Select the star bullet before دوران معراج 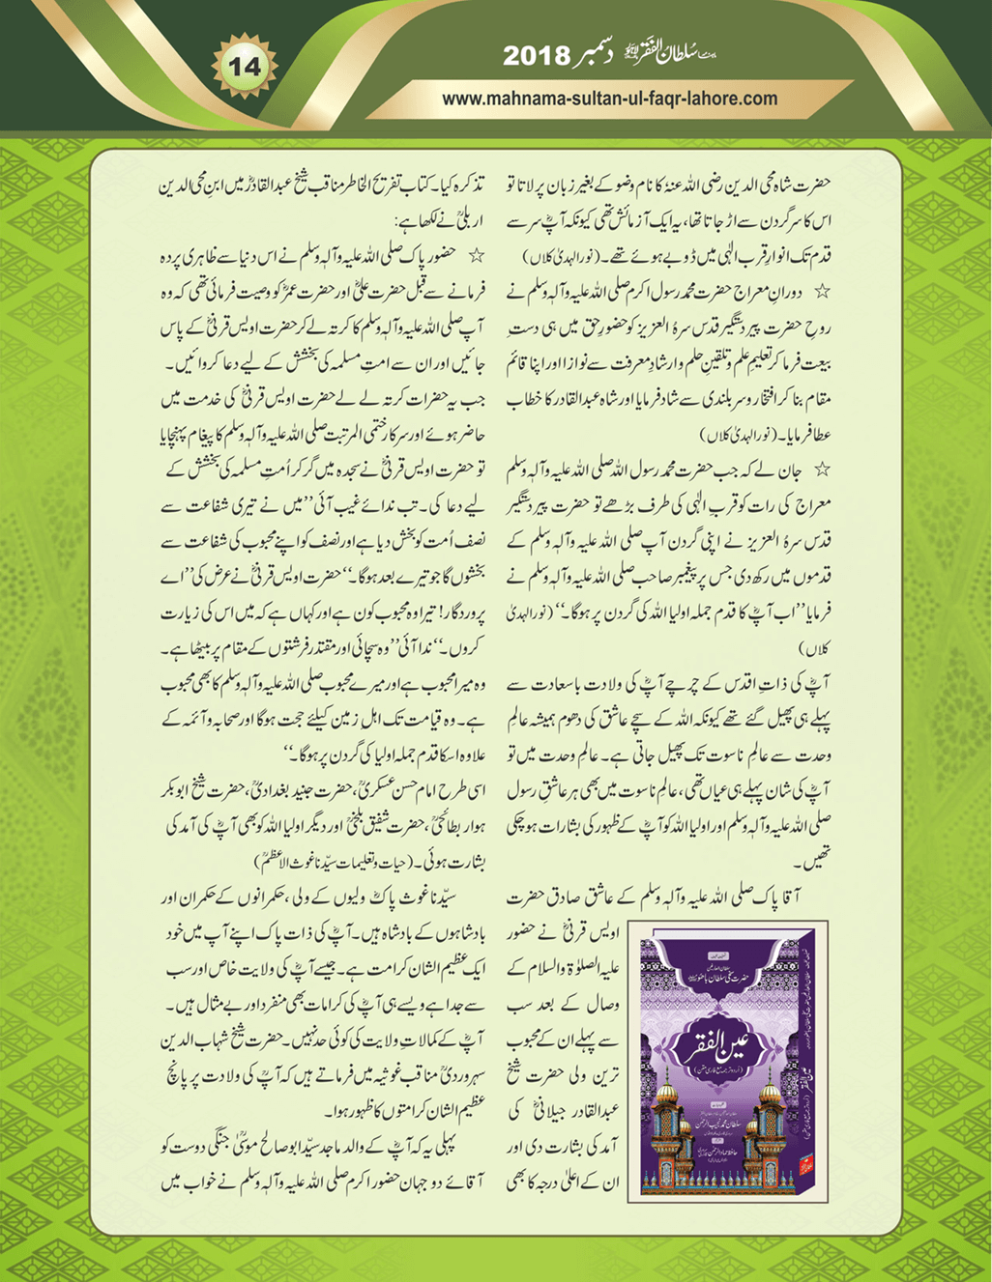click(823, 289)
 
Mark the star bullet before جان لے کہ click(823, 470)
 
